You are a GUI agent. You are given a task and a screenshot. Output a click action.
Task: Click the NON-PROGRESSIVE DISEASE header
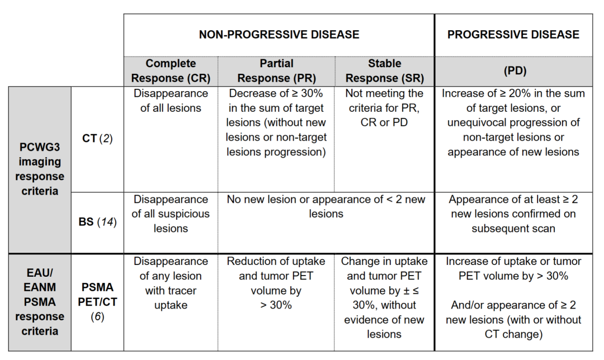(279, 35)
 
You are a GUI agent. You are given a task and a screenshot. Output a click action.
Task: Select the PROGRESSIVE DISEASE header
(513, 35)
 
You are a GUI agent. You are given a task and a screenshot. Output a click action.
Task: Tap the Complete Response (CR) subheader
(171, 71)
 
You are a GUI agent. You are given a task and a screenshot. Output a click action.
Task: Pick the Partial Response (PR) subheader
(277, 71)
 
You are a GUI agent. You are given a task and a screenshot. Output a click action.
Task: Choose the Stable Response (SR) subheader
(384, 71)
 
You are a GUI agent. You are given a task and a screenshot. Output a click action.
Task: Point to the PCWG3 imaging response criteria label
(40, 169)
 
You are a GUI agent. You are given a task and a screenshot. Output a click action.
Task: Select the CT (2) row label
(97, 139)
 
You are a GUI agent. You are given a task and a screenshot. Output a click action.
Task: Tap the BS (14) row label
(97, 222)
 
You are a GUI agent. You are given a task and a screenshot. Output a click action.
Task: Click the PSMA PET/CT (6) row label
(97, 302)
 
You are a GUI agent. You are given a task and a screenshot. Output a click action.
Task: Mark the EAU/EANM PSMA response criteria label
(40, 302)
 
